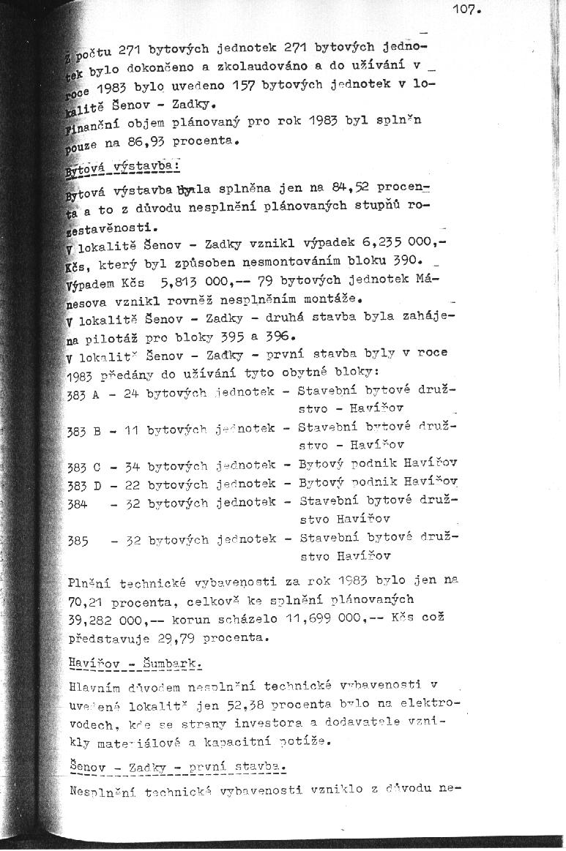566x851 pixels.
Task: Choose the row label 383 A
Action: [x=83, y=393]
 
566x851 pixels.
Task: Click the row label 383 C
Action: [x=83, y=466]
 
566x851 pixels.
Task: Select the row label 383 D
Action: [x=83, y=484]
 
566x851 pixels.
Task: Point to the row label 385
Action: [x=78, y=541]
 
